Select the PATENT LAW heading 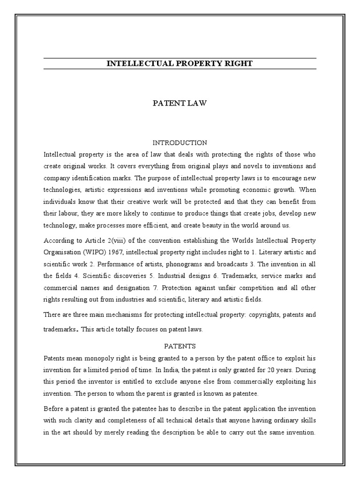[x=180, y=103]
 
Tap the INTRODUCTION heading [x=180, y=142]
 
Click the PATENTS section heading [x=180, y=346]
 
